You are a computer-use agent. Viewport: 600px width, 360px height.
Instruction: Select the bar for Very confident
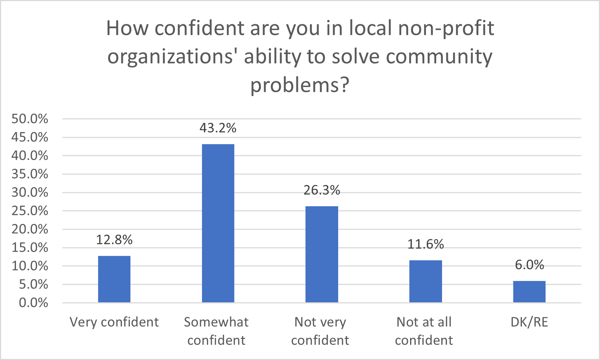[114, 279]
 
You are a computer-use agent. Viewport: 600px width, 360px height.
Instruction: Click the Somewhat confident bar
[218, 223]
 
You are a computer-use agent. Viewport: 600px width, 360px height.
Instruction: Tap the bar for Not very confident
[321, 254]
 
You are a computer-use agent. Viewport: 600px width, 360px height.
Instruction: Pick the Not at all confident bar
[425, 281]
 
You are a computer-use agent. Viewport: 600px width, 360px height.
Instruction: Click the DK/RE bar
[529, 291]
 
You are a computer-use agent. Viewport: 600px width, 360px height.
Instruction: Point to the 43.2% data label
[218, 128]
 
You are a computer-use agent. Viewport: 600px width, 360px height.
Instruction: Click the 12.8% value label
[114, 240]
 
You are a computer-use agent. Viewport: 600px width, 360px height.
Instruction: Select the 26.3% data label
[321, 190]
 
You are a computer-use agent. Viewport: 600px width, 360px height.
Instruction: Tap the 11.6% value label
[425, 244]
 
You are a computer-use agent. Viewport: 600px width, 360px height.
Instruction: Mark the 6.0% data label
[529, 265]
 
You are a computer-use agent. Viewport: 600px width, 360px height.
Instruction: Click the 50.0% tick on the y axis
[30, 119]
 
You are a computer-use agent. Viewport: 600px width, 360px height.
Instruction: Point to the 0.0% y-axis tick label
[33, 303]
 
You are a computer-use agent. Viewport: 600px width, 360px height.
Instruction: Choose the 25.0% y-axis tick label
[30, 211]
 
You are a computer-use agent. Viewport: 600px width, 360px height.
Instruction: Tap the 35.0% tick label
[30, 174]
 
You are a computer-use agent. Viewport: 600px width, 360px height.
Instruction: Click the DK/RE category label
[529, 322]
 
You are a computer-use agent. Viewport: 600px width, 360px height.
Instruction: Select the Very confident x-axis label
[114, 322]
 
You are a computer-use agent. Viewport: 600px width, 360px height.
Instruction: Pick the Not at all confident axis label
[424, 331]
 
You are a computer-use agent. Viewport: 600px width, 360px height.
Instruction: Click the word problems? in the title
[300, 85]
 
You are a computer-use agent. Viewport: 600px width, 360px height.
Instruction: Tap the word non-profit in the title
[446, 28]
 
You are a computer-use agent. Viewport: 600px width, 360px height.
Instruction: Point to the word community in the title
[439, 57]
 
